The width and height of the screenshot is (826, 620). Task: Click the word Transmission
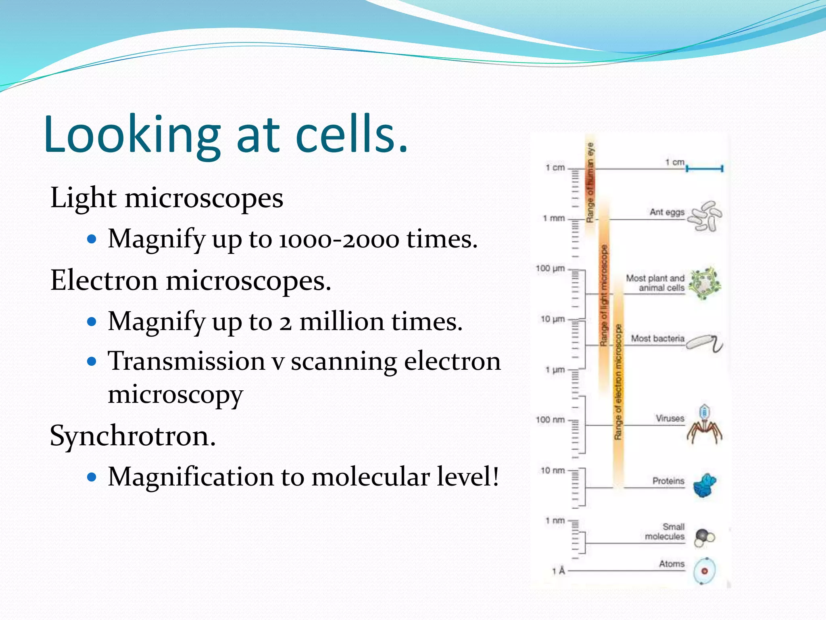[186, 361]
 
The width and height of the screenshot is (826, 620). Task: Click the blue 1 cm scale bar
[704, 169]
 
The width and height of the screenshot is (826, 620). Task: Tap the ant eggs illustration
[705, 216]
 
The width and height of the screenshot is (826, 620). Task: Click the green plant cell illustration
[704, 283]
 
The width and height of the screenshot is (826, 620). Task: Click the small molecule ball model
[704, 537]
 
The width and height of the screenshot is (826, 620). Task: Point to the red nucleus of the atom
[705, 571]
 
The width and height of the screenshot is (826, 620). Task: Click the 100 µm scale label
[550, 268]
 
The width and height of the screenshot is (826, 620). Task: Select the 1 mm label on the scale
[553, 218]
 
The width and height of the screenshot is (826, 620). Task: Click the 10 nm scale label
[552, 470]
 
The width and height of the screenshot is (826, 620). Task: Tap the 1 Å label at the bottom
[559, 571]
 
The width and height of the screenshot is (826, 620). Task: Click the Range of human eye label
[590, 182]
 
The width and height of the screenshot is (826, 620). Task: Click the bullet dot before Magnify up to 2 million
[92, 322]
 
